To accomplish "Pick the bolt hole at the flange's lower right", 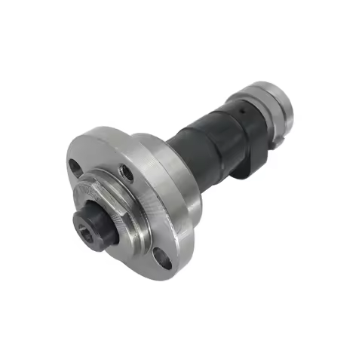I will pos(161,259).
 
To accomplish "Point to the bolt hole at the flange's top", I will pos(128,173).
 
